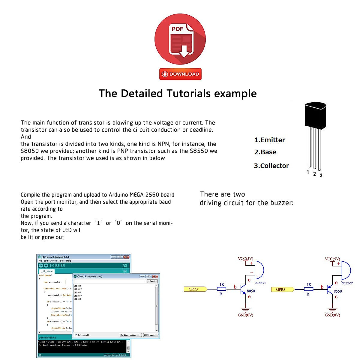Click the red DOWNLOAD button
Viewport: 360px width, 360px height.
point(180,74)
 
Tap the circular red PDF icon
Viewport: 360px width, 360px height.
point(180,39)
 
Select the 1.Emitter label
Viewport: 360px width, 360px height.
point(270,140)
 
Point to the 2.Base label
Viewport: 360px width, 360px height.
point(265,152)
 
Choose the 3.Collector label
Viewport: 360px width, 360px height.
point(271,166)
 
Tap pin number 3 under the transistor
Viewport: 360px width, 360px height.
point(321,175)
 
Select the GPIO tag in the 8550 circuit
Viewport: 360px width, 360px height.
point(281,289)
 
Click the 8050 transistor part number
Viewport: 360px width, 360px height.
point(251,291)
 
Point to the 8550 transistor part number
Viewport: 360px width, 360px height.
point(338,291)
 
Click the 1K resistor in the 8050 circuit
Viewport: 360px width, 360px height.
point(221,289)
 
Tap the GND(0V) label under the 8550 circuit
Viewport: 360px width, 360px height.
point(332,315)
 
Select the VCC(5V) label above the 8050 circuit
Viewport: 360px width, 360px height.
point(245,259)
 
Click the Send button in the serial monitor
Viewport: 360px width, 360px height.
point(152,281)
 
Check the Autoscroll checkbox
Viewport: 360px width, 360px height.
point(76,335)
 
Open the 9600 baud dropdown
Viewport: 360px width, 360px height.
point(150,335)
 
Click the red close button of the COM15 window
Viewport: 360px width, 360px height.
point(155,276)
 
